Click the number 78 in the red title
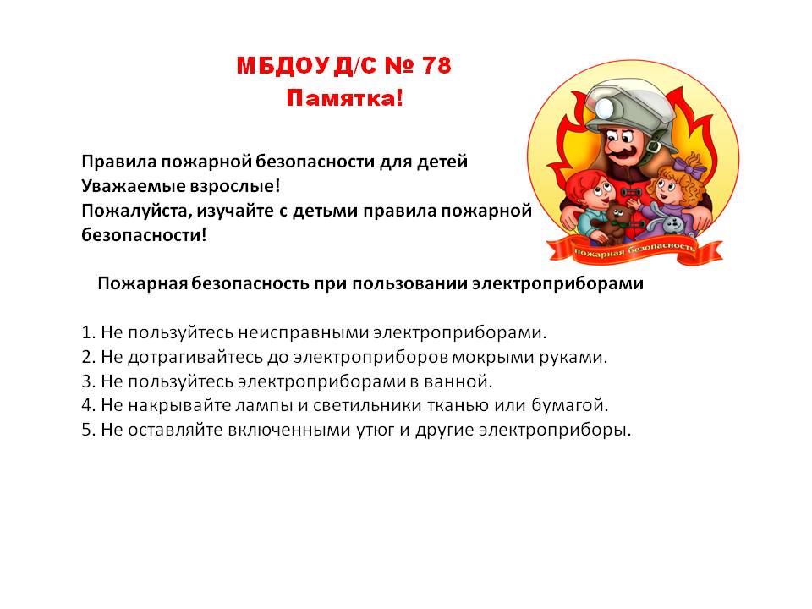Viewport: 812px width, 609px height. click(436, 65)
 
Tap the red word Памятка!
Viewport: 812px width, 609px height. click(344, 98)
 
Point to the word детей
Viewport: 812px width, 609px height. click(442, 162)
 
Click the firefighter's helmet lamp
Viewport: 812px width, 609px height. click(605, 107)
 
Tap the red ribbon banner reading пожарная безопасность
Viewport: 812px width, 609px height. click(634, 250)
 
